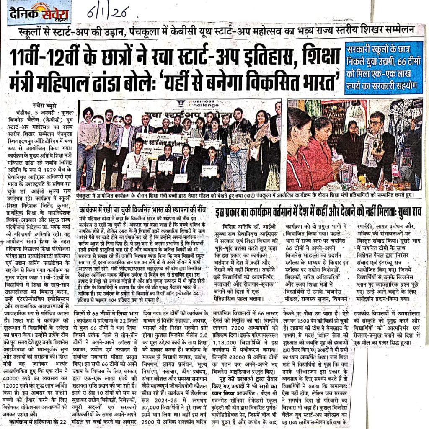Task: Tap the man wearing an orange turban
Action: click(88, 138)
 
